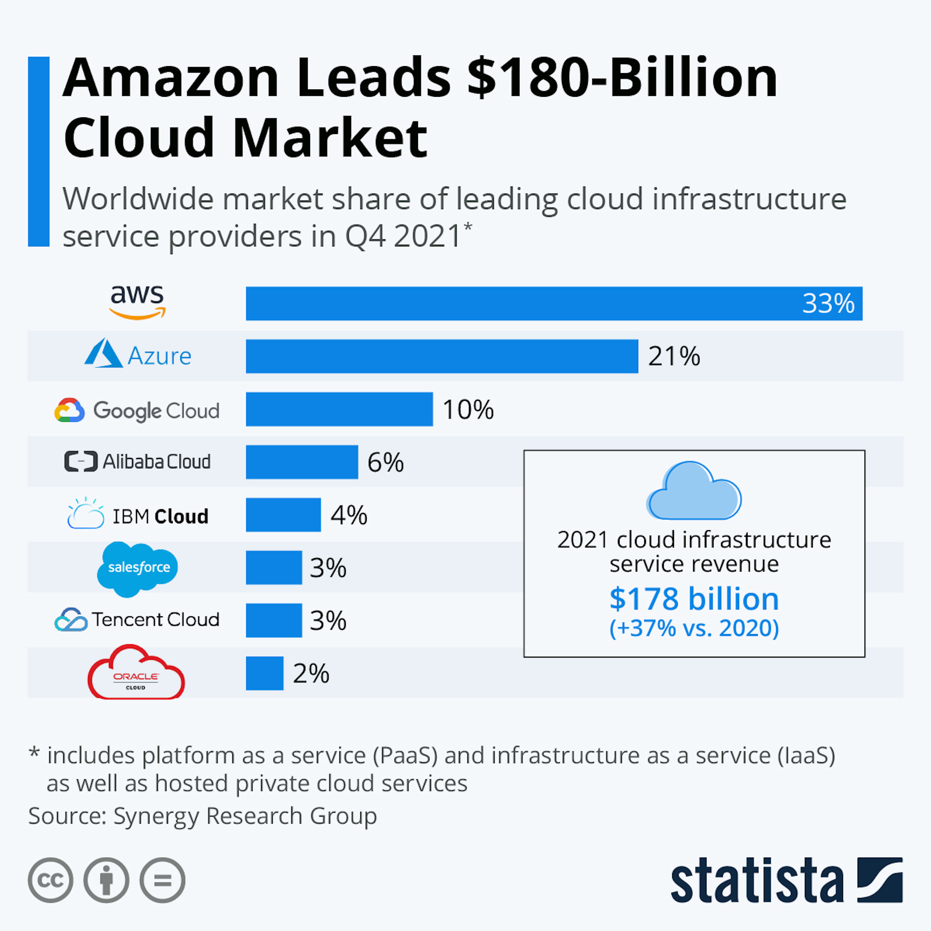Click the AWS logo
137,302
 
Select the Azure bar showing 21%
441,356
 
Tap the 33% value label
828,304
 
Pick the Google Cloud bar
339,409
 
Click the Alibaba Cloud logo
137,462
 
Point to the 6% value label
385,463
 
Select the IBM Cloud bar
283,515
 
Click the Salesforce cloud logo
138,568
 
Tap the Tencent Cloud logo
137,620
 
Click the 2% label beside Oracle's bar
311,674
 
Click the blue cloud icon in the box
694,492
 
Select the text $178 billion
694,599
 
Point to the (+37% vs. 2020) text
694,628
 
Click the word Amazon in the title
171,78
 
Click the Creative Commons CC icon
51,880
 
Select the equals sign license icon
162,880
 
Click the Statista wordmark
757,880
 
